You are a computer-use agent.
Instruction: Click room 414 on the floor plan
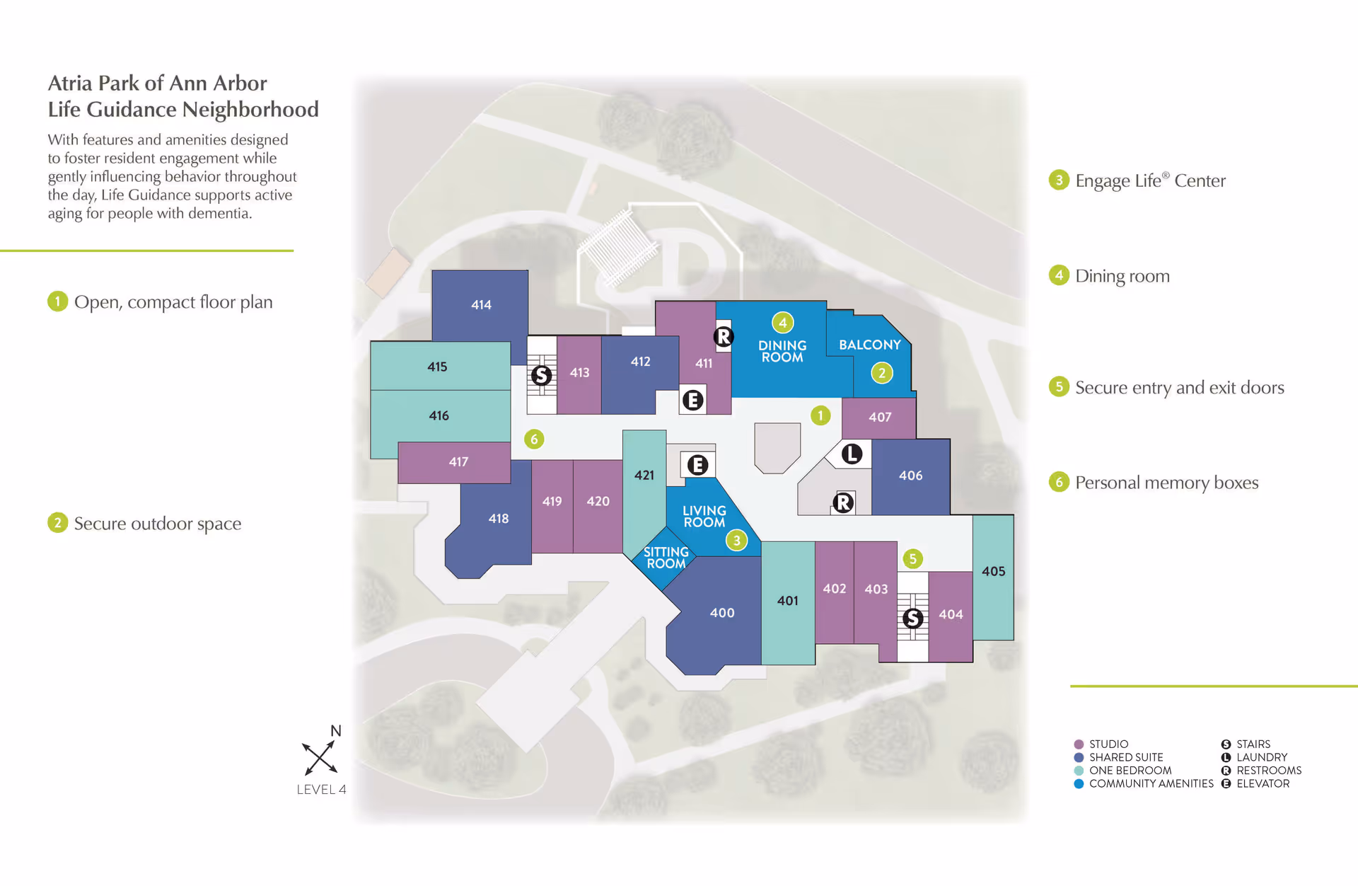point(481,305)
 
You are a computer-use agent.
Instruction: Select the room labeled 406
point(910,476)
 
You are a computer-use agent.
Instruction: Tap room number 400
point(722,613)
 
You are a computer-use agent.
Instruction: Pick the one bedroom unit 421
point(644,476)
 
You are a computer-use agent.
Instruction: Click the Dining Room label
point(782,351)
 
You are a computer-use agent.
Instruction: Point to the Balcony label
point(869,345)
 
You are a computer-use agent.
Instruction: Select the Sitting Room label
point(666,558)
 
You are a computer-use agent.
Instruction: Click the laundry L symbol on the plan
point(852,454)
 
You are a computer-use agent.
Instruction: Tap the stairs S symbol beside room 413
point(542,375)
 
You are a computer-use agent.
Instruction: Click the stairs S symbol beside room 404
point(912,619)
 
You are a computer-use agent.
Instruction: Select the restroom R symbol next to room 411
point(723,337)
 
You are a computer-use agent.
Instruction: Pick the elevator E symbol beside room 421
point(697,465)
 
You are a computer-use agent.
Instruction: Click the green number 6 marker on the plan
point(534,439)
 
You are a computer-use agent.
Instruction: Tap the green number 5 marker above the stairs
point(912,559)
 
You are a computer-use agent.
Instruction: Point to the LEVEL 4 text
point(321,790)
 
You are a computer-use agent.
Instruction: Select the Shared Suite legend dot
point(1079,757)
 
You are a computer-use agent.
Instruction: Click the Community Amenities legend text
point(1151,784)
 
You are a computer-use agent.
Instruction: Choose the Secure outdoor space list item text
point(158,524)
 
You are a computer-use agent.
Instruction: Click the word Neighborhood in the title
point(250,110)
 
